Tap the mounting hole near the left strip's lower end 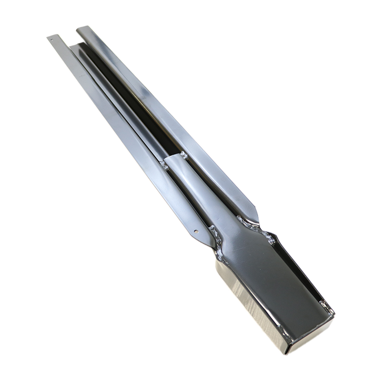(x=196, y=231)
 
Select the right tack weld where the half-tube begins (x=183, y=155)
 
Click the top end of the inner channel (x=74, y=46)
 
